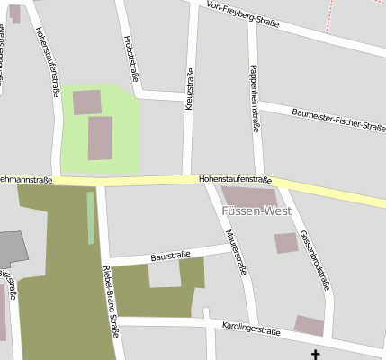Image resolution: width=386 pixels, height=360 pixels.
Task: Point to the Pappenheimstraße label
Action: (255, 99)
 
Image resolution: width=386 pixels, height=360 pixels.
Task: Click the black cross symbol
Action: (316, 355)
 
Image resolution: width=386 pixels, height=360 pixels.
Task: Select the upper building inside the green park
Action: (87, 102)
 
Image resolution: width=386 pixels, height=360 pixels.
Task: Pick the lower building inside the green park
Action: (100, 138)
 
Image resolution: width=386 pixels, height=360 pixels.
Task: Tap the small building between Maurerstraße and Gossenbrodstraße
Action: (285, 242)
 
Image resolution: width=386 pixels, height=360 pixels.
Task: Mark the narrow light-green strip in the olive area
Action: (91, 218)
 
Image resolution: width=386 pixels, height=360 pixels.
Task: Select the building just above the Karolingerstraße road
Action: (309, 326)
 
